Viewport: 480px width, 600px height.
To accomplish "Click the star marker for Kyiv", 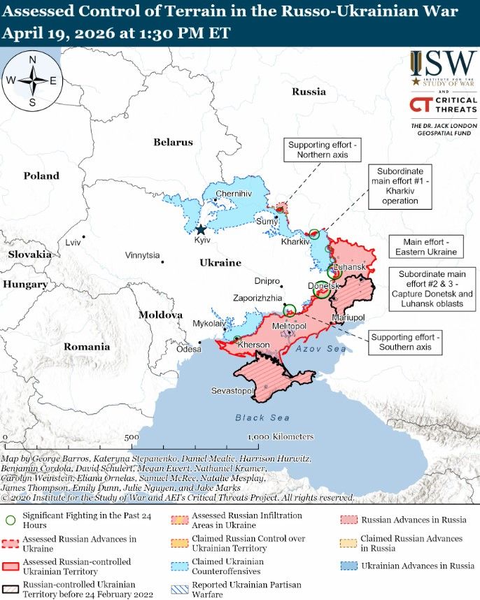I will pos(201,229).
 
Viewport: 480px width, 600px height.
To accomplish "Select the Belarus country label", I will pos(173,142).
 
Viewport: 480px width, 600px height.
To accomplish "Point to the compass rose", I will pos(32,81).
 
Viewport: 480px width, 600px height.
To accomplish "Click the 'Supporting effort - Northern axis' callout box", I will pos(323,149).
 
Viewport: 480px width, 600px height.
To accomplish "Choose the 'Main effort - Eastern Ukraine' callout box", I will pos(425,246).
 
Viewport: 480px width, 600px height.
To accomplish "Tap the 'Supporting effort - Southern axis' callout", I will pos(406,342).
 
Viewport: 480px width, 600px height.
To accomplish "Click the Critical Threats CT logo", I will pos(420,105).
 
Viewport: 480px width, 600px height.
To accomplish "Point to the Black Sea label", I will pos(262,417).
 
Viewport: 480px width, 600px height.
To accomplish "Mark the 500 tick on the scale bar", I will pos(132,436).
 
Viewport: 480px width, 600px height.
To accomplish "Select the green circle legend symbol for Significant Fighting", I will pos(10,520).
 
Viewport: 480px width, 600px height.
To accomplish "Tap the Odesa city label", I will pos(188,349).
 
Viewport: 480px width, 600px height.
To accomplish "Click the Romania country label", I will pos(87,346).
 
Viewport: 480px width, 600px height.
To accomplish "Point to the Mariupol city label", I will pos(348,317).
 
